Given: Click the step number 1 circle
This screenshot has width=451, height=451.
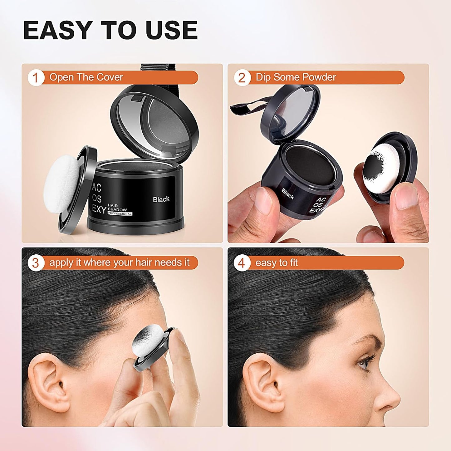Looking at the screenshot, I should pos(35,78).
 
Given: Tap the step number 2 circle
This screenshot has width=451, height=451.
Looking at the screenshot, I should pos(242,78).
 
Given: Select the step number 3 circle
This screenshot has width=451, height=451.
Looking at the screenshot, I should pos(35,263).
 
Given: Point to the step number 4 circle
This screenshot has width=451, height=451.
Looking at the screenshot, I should pos(242,263).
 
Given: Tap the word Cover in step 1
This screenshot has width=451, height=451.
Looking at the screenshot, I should pos(110,77).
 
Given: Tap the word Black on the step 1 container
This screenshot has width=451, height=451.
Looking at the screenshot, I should pos(161,199).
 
